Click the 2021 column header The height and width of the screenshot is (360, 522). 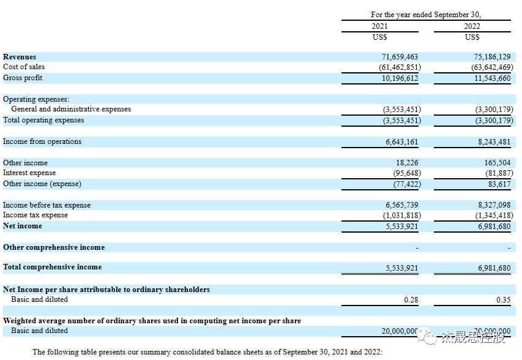379,26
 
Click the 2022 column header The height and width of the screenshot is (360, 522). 472,26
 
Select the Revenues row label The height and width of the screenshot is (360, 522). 20,57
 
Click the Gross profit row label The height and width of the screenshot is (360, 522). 23,78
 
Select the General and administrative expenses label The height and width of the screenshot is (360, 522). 71,109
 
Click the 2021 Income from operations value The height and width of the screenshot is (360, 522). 402,141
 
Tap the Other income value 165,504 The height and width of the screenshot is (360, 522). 496,163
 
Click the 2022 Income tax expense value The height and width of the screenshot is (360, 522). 493,216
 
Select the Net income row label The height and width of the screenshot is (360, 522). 23,226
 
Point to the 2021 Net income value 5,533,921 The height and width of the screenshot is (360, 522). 402,227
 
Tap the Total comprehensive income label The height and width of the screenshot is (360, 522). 53,267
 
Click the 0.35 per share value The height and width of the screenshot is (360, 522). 503,300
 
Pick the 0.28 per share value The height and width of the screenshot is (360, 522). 411,300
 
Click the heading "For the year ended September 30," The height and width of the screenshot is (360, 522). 425,15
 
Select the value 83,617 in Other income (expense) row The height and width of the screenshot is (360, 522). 499,184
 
